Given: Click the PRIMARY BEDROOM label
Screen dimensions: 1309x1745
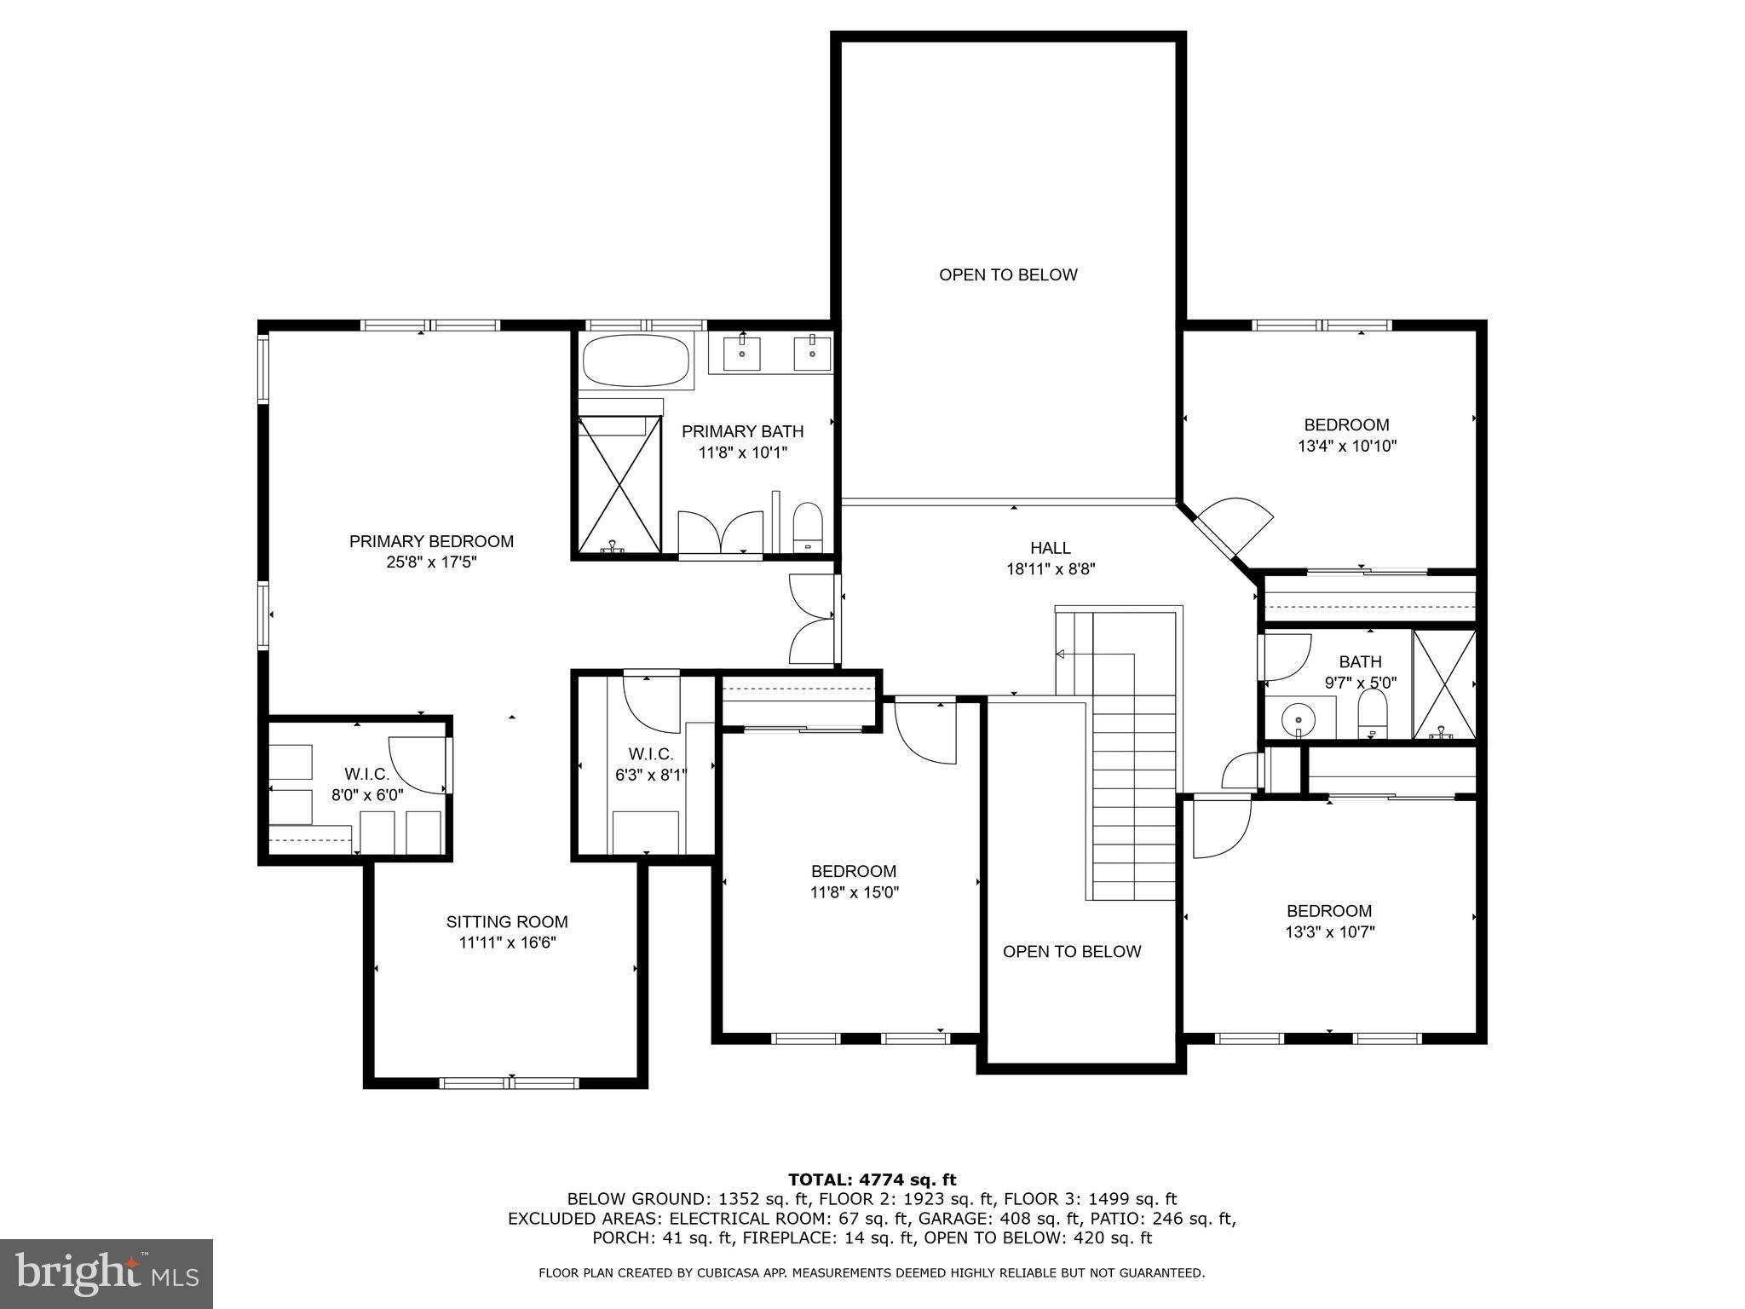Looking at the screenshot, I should tap(431, 541).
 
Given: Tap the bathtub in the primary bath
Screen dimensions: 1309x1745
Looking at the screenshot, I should tap(636, 361).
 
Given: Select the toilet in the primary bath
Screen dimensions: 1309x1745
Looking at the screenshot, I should tap(806, 528).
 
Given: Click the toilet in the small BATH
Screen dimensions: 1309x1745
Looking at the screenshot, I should tap(1372, 714).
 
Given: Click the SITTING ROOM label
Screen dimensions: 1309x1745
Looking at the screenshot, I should tap(507, 921).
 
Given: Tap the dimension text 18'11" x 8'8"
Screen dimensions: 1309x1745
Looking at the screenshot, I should tap(1050, 569).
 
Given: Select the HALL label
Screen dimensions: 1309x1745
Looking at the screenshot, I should tap(1050, 548).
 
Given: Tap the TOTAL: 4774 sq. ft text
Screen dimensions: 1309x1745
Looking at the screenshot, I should tap(872, 1179).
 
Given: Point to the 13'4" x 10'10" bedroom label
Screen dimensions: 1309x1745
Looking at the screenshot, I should tap(1346, 445).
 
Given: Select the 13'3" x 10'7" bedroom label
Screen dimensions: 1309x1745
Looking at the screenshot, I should tap(1329, 931).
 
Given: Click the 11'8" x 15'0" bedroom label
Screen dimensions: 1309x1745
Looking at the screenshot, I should tap(854, 892).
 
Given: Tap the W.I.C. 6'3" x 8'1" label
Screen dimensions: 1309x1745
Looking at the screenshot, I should tap(651, 764).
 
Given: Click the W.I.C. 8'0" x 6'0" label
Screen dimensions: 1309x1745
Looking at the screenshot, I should tap(366, 784).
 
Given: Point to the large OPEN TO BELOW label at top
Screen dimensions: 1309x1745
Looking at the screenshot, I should tap(1008, 274).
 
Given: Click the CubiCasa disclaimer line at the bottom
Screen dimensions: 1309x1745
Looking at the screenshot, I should tap(872, 1273).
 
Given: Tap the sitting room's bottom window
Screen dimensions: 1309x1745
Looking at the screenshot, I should tap(510, 1083).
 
